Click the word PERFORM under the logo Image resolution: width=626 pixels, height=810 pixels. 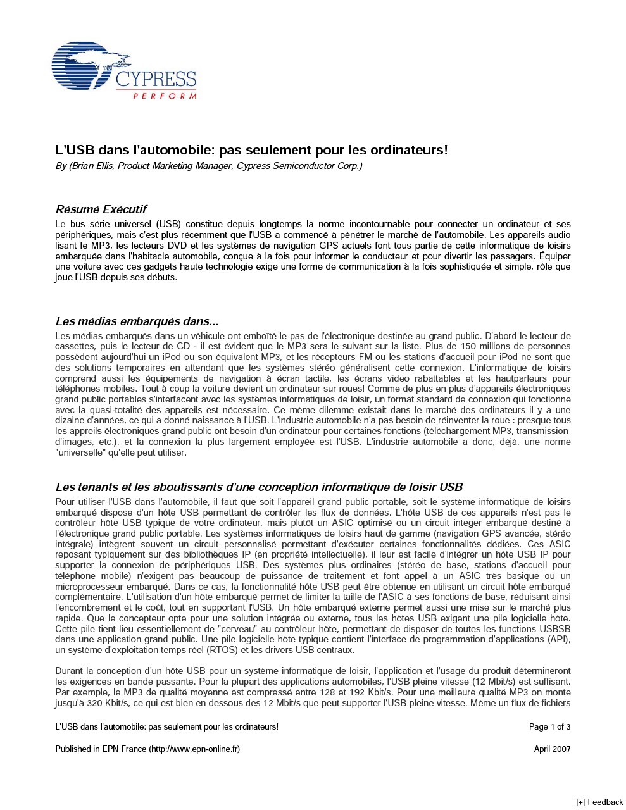click(x=165, y=96)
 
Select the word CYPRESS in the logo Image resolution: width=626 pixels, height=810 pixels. click(x=156, y=80)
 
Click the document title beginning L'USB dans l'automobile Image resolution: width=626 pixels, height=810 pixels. click(x=251, y=150)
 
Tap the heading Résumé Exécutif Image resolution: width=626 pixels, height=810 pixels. click(x=101, y=209)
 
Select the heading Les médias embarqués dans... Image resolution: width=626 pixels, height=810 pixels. click(x=137, y=321)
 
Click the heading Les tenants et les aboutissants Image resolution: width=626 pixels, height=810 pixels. click(x=258, y=487)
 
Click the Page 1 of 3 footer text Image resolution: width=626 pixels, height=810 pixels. click(x=549, y=726)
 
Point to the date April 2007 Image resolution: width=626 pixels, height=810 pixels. click(x=552, y=749)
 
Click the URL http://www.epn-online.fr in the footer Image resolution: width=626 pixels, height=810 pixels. click(x=194, y=749)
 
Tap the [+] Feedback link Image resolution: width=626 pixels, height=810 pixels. click(x=599, y=802)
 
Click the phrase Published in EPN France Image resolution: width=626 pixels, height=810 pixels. click(x=101, y=749)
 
